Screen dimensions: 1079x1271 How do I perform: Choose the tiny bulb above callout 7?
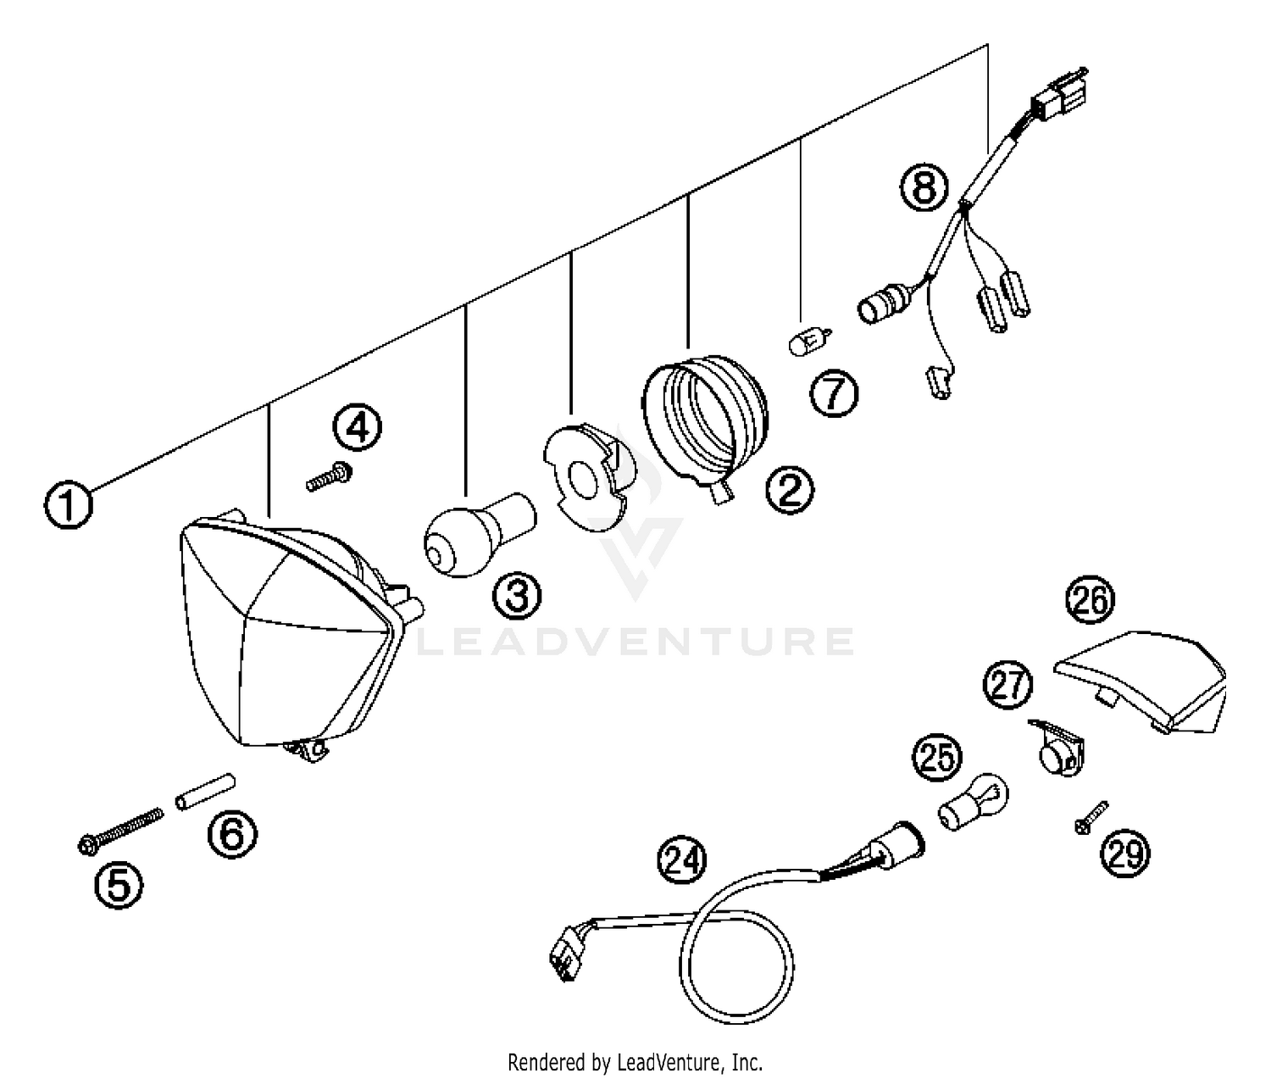[808, 343]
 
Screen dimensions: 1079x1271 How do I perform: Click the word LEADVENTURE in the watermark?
[635, 642]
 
